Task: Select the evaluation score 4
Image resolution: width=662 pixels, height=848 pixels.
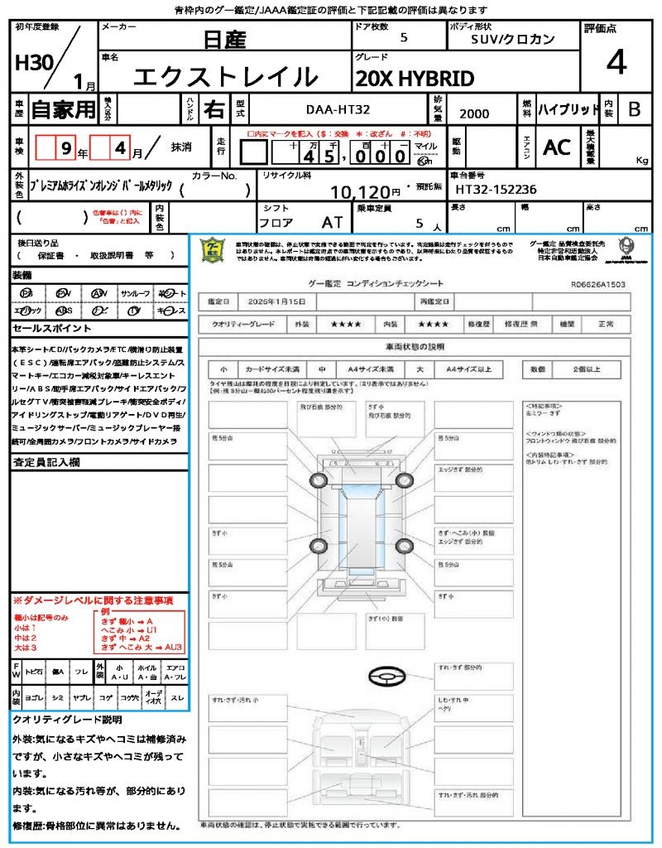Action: [x=616, y=63]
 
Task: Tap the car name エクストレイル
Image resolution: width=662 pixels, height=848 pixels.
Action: [x=225, y=77]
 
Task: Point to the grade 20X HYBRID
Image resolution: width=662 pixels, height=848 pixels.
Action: [x=415, y=79]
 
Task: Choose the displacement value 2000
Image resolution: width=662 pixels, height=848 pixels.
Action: [x=474, y=113]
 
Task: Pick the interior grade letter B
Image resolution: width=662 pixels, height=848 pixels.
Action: [x=634, y=108]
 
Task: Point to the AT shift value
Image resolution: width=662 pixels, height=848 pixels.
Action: [x=332, y=223]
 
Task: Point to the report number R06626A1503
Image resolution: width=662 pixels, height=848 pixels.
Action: [x=597, y=283]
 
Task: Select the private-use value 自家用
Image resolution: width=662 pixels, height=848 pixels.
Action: [x=63, y=108]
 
